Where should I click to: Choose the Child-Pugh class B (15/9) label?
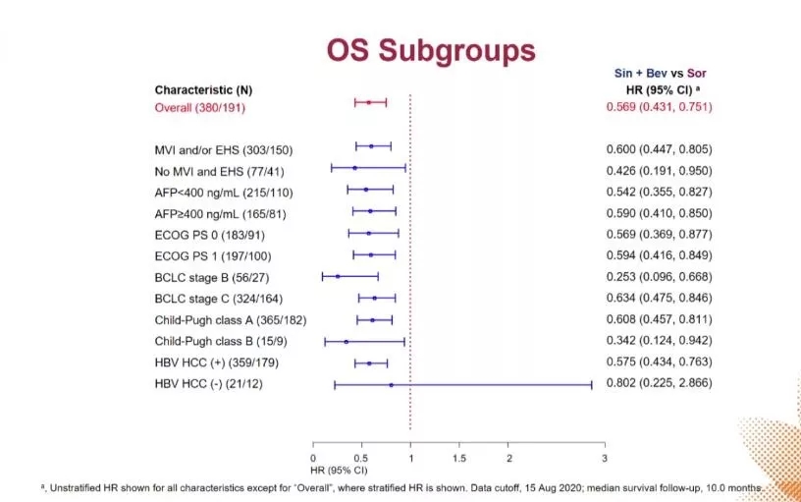[x=217, y=342]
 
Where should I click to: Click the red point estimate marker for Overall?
[x=369, y=102]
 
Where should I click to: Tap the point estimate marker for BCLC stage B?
[x=338, y=277]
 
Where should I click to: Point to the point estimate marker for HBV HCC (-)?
[x=392, y=385]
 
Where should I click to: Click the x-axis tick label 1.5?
[x=459, y=459]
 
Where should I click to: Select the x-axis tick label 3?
[x=605, y=459]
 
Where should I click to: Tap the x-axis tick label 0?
[x=313, y=459]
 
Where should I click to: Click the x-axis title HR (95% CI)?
[x=338, y=472]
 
